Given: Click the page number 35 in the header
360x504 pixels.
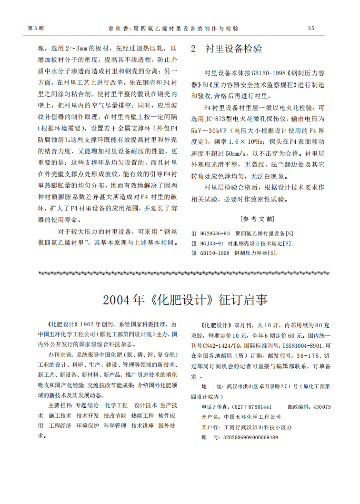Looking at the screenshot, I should [x=311, y=29].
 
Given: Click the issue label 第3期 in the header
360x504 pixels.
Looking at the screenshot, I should [x=36, y=29].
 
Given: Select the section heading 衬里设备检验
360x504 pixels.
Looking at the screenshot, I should [x=234, y=49].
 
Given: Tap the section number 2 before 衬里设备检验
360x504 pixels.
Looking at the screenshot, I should [x=193, y=49].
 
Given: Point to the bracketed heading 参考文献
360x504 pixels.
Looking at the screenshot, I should [x=258, y=219].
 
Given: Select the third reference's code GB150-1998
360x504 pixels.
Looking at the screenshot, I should [x=215, y=252].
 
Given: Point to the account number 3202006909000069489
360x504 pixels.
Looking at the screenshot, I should [x=250, y=437].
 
